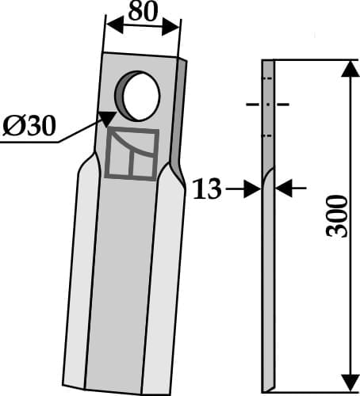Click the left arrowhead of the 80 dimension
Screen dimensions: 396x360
pos(112,25)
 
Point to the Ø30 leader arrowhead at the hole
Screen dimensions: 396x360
pos(105,117)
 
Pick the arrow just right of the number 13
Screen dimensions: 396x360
pos(251,188)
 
